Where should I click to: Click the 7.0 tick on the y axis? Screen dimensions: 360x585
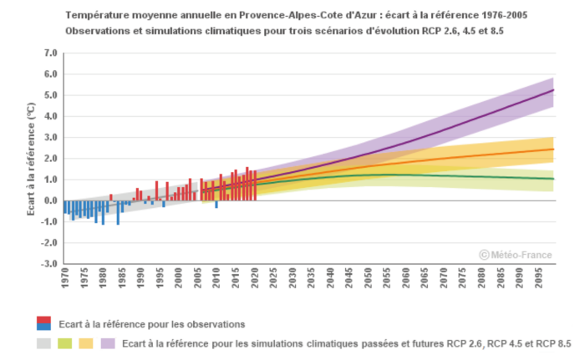click(49, 53)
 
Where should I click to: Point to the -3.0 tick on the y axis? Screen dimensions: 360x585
click(48, 265)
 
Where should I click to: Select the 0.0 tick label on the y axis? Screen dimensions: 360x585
click(50, 201)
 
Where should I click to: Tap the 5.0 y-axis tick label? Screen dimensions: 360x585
click(50, 95)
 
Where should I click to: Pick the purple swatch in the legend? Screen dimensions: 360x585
click(108, 343)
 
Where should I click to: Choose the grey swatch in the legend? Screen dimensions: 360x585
click(44, 343)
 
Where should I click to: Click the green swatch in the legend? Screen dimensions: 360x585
click(65, 343)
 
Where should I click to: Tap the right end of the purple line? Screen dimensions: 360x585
click(553, 90)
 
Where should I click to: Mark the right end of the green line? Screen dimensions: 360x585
click(553, 179)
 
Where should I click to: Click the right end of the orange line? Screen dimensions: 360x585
click(553, 150)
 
